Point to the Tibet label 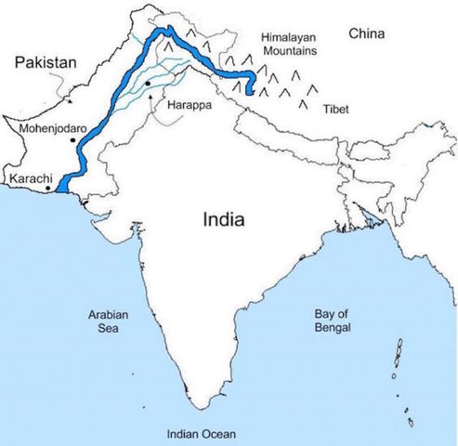point(336,110)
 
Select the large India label point(224,220)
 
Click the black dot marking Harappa point(148,85)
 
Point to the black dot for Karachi point(49,188)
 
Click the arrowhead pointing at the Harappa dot point(150,92)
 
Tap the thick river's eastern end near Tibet point(251,89)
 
